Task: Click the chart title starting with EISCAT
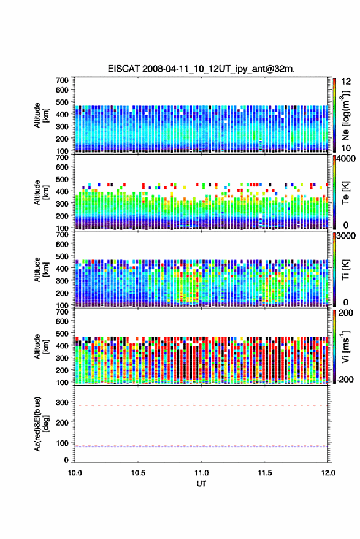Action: (x=201, y=69)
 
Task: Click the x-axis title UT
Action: (x=201, y=484)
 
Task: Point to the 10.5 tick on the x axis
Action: (x=138, y=473)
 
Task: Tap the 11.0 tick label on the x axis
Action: (x=201, y=473)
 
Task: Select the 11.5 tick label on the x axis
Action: (x=264, y=473)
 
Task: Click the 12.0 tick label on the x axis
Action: (x=328, y=473)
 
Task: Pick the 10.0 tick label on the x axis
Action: (x=75, y=473)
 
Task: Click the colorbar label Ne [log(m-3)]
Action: (x=345, y=116)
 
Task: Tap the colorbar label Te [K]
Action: (x=345, y=193)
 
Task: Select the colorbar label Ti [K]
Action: (x=345, y=270)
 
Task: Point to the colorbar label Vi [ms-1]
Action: (x=345, y=346)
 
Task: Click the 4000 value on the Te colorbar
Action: (x=346, y=159)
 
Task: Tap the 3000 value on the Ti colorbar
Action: (x=346, y=236)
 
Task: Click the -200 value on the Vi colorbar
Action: (x=345, y=379)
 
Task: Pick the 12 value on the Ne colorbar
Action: (x=346, y=82)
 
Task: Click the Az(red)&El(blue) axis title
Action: (x=41, y=424)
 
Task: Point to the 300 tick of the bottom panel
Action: (x=62, y=402)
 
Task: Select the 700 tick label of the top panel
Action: (x=62, y=80)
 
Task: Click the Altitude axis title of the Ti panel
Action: (x=41, y=270)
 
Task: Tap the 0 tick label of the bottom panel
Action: (x=66, y=460)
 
